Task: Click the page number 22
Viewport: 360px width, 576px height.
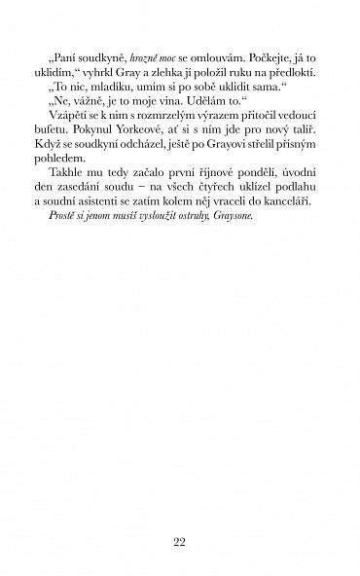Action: click(180, 517)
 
